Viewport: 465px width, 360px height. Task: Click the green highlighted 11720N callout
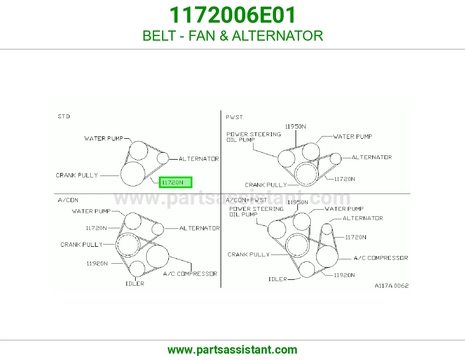click(176, 182)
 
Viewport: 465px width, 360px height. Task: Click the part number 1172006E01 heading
click(233, 15)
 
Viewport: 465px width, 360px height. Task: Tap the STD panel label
click(64, 116)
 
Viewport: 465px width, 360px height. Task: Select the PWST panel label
click(234, 117)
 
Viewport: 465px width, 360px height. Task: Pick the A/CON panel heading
click(68, 200)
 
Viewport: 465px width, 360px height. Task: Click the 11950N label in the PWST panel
click(295, 127)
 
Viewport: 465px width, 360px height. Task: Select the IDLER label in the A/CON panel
click(135, 284)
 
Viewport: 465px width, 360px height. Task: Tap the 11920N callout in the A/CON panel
click(97, 263)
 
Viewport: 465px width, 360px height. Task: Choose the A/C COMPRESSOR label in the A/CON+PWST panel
click(381, 258)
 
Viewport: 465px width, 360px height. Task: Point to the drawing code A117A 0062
click(391, 286)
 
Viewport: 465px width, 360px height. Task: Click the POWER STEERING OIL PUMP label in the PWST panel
click(254, 137)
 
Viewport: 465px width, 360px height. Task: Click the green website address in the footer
click(233, 350)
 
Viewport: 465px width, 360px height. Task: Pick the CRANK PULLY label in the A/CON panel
click(82, 244)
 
